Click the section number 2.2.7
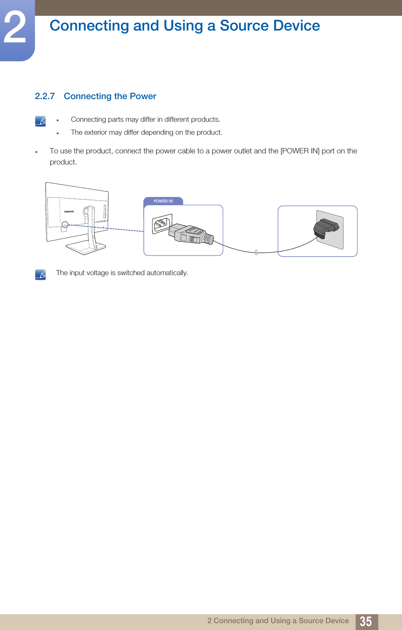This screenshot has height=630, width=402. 45,96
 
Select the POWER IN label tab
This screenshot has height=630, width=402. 163,201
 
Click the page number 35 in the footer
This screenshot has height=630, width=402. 366,621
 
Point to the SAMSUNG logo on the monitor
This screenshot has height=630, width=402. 69,212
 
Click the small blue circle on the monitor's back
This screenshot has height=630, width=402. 65,224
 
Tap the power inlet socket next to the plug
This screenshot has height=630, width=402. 162,224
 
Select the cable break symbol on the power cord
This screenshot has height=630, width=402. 256,253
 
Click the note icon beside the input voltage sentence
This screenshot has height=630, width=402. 41,274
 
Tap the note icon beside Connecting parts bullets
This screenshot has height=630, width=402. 41,121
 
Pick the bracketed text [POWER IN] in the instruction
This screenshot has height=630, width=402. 300,151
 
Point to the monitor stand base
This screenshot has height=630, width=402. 86,247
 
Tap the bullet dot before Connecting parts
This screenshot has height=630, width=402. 57,120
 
